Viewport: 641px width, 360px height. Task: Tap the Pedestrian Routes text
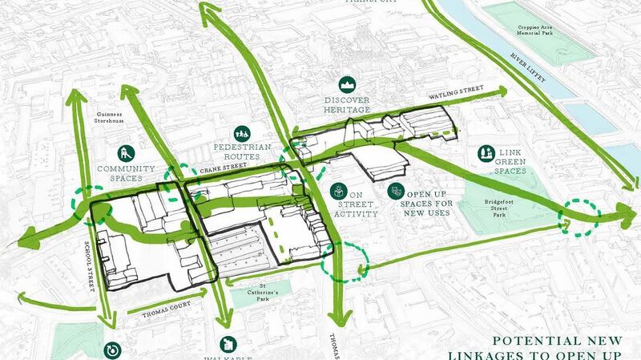(242, 153)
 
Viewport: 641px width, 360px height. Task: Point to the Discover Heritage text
(348, 104)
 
